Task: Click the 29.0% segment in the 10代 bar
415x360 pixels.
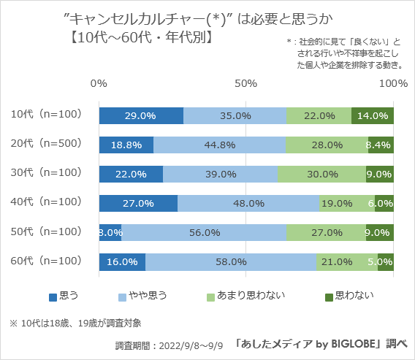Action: (x=141, y=115)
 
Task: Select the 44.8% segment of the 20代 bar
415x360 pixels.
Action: (x=219, y=145)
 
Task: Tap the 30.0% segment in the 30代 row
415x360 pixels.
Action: (x=321, y=174)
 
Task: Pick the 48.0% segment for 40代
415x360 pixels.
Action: (x=248, y=203)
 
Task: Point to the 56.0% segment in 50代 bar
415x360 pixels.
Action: (x=204, y=232)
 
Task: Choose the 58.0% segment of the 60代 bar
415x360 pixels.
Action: (x=231, y=261)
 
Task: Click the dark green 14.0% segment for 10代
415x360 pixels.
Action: (x=373, y=115)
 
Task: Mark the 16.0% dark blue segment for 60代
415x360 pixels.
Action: (x=122, y=261)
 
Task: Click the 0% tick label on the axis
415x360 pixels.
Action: (x=99, y=83)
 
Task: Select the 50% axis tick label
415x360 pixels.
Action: (x=246, y=83)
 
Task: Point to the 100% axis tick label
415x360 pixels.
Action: (x=393, y=83)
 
